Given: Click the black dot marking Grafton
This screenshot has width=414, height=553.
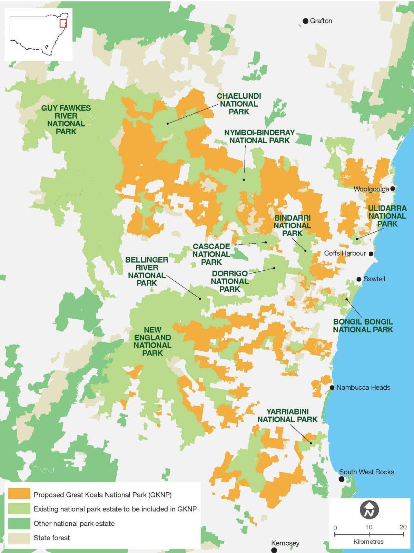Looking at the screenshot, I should [305, 21].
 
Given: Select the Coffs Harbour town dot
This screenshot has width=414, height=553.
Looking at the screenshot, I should [371, 254].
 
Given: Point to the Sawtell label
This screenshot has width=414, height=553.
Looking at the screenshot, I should [374, 279].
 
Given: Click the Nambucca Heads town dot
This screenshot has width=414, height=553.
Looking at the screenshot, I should [332, 388].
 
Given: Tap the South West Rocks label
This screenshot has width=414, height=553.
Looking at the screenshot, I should [366, 472].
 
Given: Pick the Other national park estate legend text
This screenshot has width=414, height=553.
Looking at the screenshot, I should [74, 523].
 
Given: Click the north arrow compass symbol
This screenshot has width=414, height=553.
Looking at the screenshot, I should [369, 510].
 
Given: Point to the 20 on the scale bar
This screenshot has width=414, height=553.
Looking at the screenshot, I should [403, 527].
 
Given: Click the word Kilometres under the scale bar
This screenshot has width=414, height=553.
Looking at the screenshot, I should [368, 542].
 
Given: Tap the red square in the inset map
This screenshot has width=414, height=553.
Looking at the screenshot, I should [63, 23].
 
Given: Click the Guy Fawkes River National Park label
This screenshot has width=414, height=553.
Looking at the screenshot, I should [66, 119].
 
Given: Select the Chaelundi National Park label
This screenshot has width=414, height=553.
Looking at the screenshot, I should [239, 104].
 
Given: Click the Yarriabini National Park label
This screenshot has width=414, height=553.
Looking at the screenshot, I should [287, 415].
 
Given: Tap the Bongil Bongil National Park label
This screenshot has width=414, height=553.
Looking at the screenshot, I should [363, 326].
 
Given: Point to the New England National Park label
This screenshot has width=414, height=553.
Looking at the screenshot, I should [152, 341].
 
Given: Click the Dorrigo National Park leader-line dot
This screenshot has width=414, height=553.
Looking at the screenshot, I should [275, 268].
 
